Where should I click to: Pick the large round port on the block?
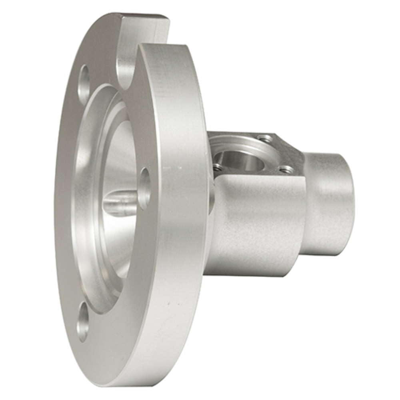pyautogui.click(x=242, y=160)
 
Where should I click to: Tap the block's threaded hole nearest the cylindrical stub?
pyautogui.click(x=286, y=170)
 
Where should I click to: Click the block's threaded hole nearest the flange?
pyautogui.click(x=217, y=167)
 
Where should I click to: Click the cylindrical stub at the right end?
pyautogui.click(x=328, y=204)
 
